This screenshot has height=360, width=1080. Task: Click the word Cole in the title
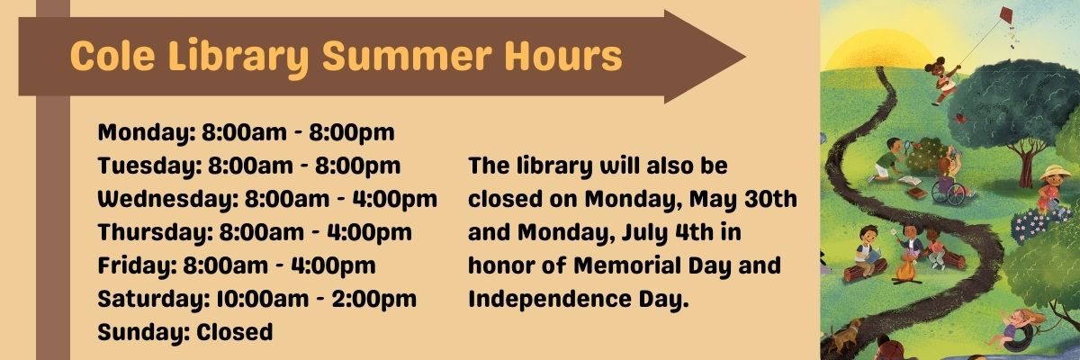coord(112,56)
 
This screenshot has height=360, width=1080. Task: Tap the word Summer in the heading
coord(407,56)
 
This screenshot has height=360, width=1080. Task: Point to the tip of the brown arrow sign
coord(745,57)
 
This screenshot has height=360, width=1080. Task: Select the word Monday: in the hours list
coord(147,133)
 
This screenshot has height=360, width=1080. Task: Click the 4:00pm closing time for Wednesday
coord(395,200)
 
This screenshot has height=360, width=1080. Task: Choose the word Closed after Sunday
coord(234,332)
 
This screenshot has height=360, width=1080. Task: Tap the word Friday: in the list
coord(138,265)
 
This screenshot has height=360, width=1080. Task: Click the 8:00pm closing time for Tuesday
coord(358,166)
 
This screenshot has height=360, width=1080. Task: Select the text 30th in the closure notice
coord(770,199)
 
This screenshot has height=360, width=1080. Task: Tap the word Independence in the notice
coord(550,300)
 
